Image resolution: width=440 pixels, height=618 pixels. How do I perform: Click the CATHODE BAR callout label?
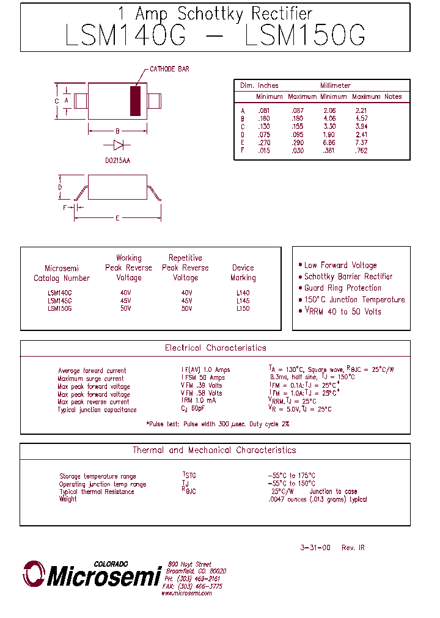tap(169, 69)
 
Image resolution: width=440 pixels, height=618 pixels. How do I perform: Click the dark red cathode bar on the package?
tap(135, 101)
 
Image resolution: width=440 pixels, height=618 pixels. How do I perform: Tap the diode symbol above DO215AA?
tap(118, 145)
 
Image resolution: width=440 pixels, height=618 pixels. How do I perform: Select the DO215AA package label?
tap(118, 160)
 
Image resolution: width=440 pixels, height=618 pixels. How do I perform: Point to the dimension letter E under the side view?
tap(117, 218)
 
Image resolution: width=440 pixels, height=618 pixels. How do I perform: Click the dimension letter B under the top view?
tap(117, 130)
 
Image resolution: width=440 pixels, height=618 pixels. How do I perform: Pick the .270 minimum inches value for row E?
tap(264, 142)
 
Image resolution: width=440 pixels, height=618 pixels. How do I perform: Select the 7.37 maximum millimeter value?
tap(361, 142)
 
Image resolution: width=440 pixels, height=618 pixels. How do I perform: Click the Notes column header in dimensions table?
tap(393, 96)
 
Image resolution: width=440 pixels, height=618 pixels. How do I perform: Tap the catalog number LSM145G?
tap(59, 301)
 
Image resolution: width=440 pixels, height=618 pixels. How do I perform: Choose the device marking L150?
tap(243, 309)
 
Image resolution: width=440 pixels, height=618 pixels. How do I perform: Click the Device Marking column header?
tap(243, 272)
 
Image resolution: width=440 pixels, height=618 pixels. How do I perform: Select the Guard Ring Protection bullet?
tap(342, 288)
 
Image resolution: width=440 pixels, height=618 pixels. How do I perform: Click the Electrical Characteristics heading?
tap(215, 348)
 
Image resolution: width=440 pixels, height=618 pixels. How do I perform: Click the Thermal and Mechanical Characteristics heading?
tap(215, 450)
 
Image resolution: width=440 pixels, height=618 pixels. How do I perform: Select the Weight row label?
tap(68, 500)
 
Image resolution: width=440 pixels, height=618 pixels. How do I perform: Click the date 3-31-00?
tap(315, 548)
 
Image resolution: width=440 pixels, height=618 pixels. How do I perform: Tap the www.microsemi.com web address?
tap(186, 594)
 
